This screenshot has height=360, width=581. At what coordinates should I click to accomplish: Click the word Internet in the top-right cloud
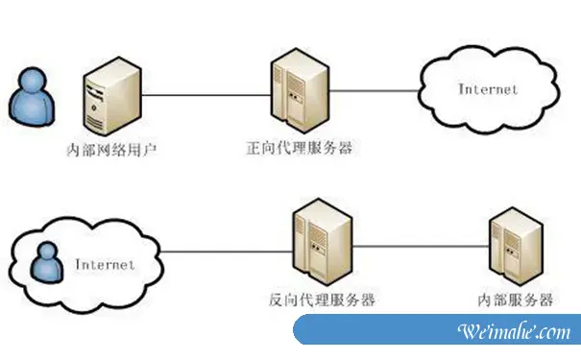[488, 89]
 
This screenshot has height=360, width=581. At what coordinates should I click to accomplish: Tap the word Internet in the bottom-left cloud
[104, 262]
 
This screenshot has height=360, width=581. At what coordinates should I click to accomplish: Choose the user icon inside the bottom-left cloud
[43, 262]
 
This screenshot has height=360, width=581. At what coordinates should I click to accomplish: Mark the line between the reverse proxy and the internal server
[413, 244]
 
